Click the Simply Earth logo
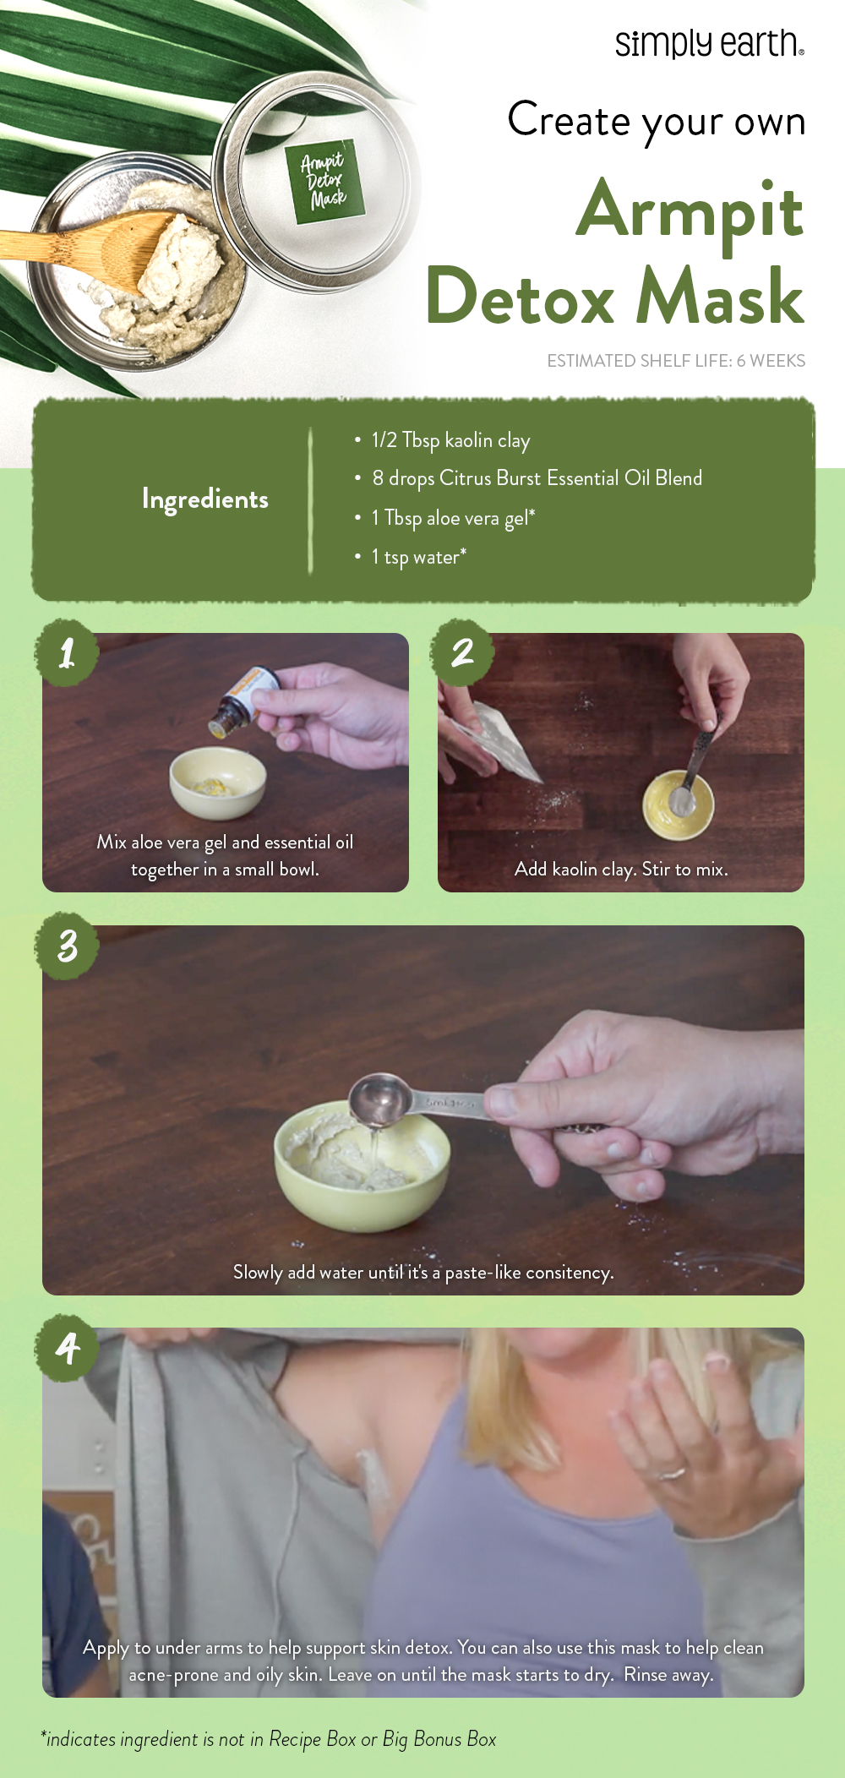pyautogui.click(x=708, y=43)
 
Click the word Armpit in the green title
pyautogui.click(x=690, y=211)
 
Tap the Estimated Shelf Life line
pyautogui.click(x=675, y=361)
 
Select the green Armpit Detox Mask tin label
pyautogui.click(x=323, y=182)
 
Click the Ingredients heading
pyautogui.click(x=204, y=499)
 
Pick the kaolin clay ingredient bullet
pyautogui.click(x=450, y=440)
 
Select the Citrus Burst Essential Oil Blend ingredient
pyautogui.click(x=537, y=478)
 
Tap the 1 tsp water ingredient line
pyautogui.click(x=418, y=557)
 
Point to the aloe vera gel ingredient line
pyautogui.click(x=453, y=518)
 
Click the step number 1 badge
pyautogui.click(x=68, y=652)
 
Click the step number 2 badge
pyautogui.click(x=462, y=652)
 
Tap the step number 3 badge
pyautogui.click(x=68, y=946)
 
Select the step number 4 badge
pyautogui.click(x=68, y=1348)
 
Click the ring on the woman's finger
pyautogui.click(x=673, y=1475)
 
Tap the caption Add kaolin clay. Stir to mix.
pyautogui.click(x=621, y=869)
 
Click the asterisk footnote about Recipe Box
pyautogui.click(x=269, y=1739)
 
